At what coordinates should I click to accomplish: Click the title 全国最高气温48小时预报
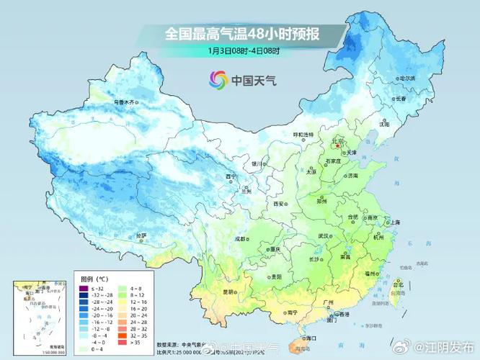point(243,33)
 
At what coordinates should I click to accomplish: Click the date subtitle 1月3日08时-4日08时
point(243,50)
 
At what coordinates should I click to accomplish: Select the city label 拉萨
point(141,235)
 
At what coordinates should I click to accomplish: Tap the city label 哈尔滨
point(407,78)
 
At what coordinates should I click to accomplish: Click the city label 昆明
point(228,292)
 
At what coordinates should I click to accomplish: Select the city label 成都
point(241,238)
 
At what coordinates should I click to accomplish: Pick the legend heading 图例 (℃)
point(93,278)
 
